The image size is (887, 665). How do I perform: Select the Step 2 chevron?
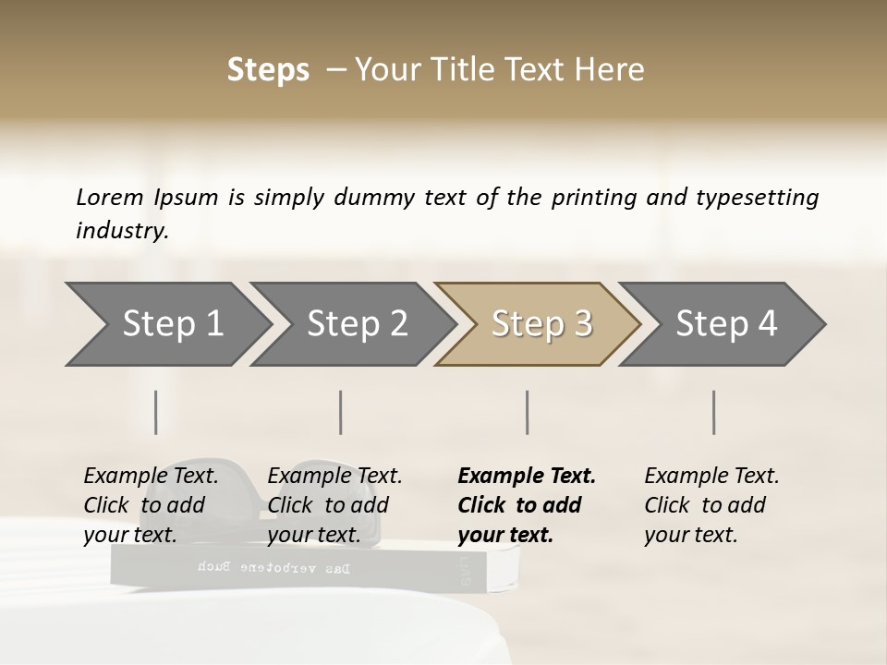coord(357,324)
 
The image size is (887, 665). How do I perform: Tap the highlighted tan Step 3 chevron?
coord(541,324)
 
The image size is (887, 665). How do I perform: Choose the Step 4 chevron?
coord(726,324)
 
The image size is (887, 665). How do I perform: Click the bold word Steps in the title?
coord(268,70)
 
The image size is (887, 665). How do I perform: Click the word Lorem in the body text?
coord(110,198)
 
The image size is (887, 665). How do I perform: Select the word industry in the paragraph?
coord(122,231)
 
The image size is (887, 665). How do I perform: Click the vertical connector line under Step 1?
coord(156,412)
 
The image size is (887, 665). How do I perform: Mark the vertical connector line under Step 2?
coord(341,412)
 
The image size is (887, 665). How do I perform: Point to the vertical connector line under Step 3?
coord(528,412)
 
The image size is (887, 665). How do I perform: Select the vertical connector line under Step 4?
coord(714,412)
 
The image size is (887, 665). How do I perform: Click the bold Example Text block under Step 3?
coord(527,505)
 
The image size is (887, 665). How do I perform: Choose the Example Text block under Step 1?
coord(151,505)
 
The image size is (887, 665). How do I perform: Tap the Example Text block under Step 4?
coord(711,505)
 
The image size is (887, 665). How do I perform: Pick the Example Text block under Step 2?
coord(334,505)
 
